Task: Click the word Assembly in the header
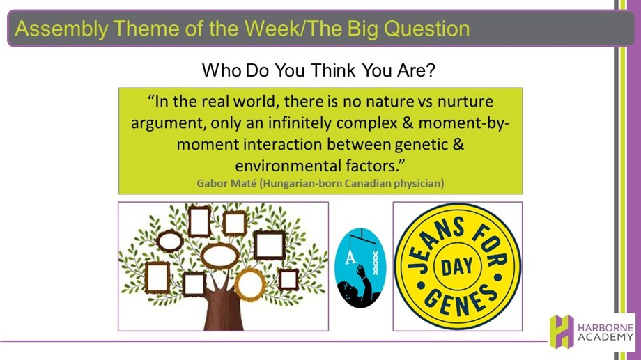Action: click(61, 29)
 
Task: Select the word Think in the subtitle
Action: click(333, 70)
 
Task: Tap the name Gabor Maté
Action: click(226, 182)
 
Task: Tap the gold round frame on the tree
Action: click(249, 284)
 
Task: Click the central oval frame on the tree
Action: click(219, 256)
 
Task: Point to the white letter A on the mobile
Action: click(350, 258)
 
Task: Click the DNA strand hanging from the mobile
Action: click(376, 263)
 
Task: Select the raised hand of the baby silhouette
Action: click(361, 271)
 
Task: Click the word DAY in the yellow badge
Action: click(456, 267)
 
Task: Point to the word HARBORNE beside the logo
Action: click(605, 328)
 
